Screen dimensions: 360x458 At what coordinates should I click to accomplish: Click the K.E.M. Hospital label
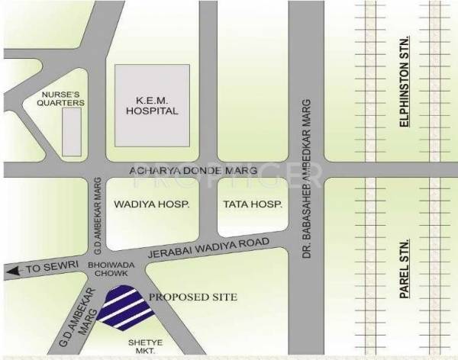click(x=152, y=104)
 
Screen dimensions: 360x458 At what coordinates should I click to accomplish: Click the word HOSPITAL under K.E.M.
click(x=152, y=111)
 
